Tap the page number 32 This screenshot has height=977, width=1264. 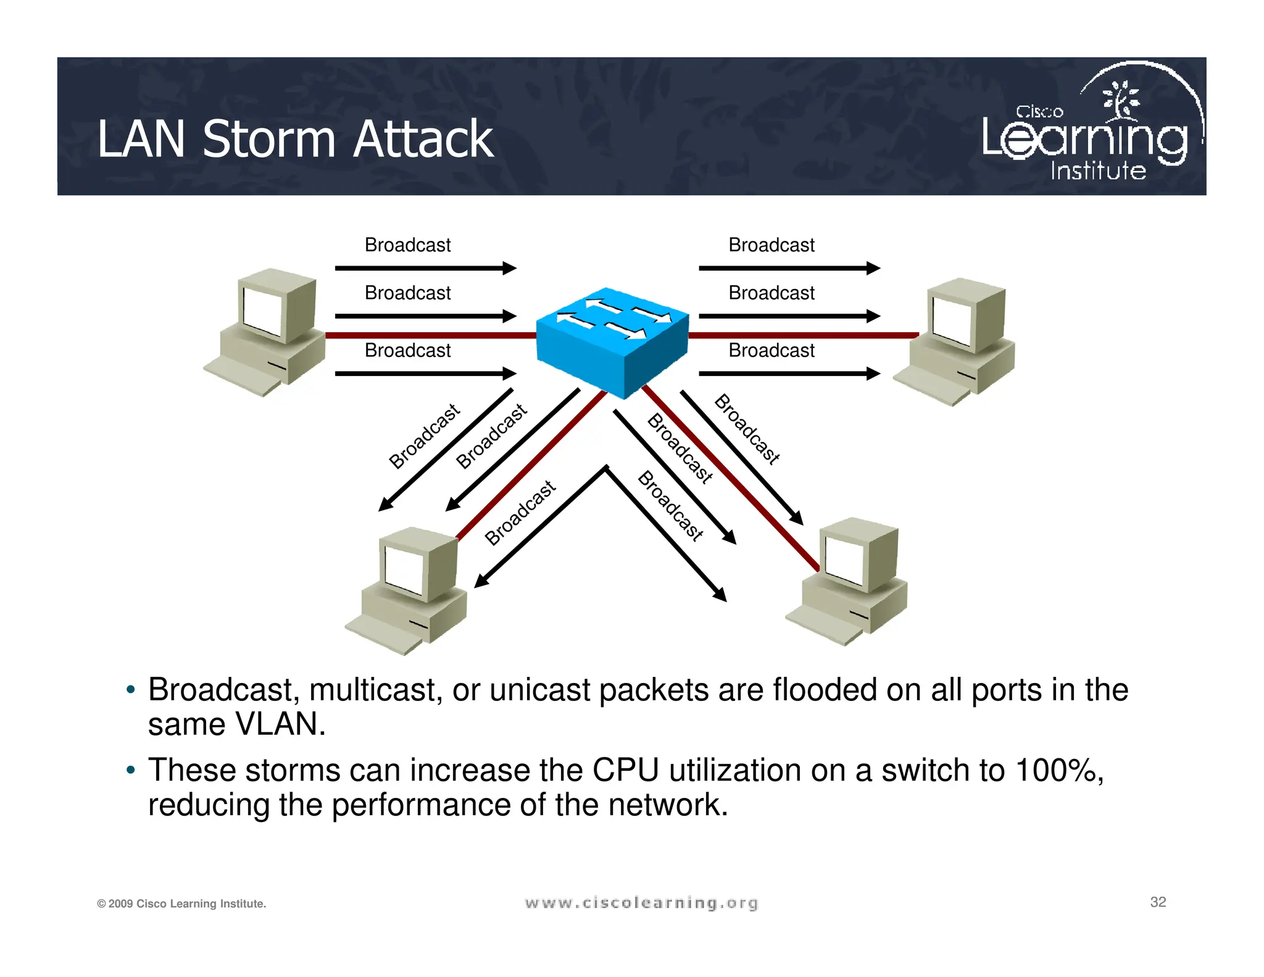point(1158,902)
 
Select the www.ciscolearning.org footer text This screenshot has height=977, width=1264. point(641,903)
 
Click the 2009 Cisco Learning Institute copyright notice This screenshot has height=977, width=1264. point(181,904)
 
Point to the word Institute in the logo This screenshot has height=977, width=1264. point(1098,171)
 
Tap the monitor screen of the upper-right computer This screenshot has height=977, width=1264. point(952,322)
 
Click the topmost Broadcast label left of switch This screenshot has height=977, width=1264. point(407,245)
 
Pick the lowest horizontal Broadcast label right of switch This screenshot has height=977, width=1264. point(771,351)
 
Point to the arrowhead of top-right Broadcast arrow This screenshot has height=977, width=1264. point(873,268)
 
